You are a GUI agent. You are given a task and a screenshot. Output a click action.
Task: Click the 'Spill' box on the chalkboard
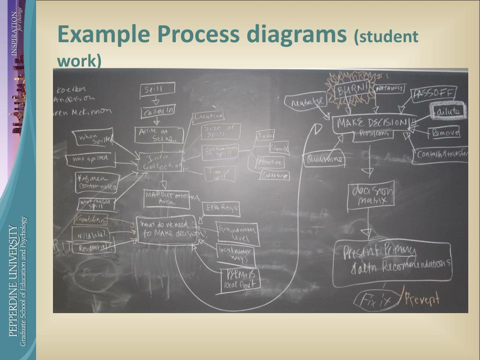coord(157,90)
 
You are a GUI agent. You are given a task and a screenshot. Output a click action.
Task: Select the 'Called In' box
coord(158,112)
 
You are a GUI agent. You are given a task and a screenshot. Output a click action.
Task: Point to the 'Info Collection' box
coord(160,162)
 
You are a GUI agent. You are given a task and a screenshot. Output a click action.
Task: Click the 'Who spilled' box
coord(93,160)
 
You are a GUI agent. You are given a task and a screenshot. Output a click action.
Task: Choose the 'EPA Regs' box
coord(220,208)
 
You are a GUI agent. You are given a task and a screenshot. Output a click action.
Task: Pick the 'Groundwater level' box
coord(238,233)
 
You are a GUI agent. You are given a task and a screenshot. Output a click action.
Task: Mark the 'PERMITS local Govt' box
coord(240,280)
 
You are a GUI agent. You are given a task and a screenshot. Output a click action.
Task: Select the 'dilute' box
coord(448,111)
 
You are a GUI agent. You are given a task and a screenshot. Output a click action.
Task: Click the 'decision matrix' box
coord(370,195)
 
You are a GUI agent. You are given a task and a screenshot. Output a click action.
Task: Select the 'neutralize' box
coord(305,101)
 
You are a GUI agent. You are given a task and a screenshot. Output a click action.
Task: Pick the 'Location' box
coord(208,116)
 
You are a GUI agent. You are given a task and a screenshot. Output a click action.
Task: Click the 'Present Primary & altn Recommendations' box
coord(391,263)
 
